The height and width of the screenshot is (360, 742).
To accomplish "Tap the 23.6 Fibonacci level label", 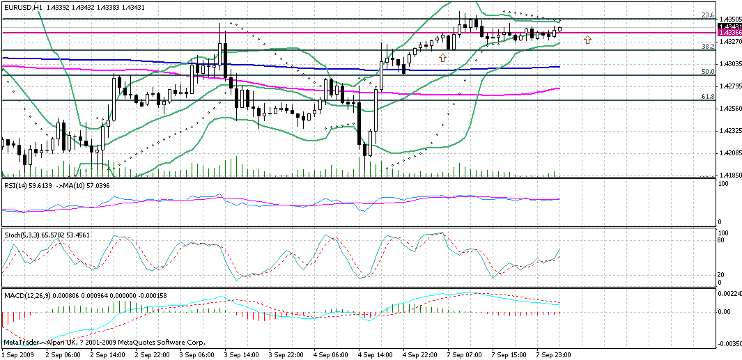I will click(x=707, y=15).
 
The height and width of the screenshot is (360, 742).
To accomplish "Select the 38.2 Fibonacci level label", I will click(x=707, y=47).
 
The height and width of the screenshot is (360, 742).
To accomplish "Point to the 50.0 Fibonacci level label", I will click(x=707, y=72).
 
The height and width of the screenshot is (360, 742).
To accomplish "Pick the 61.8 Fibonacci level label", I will click(x=707, y=97).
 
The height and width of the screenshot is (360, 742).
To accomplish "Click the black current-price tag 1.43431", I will click(x=729, y=26).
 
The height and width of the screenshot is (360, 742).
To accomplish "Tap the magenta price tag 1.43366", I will click(x=729, y=33).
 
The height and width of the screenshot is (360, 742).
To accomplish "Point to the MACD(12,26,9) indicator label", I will click(x=28, y=295).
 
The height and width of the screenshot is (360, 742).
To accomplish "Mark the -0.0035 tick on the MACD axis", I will click(x=729, y=344).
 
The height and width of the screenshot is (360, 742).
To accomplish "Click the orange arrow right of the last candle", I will click(x=587, y=40).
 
